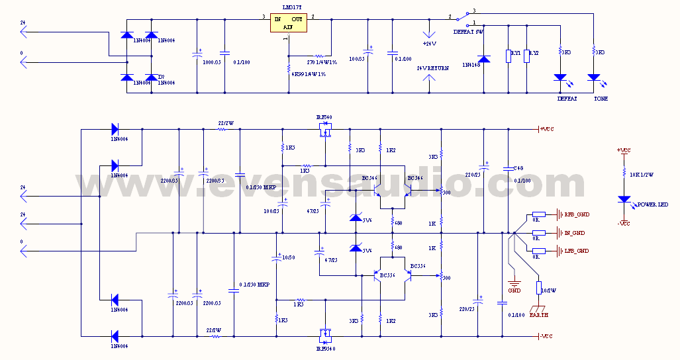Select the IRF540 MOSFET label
point(324,117)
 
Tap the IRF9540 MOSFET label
point(326,348)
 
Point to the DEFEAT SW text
point(469,32)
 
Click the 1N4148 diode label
point(471,65)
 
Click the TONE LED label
point(601,99)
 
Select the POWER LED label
point(652,205)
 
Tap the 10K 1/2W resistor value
point(641,175)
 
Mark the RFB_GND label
point(576,214)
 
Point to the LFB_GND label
point(576,251)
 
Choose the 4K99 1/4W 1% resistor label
point(309,74)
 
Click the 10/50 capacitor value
point(286,257)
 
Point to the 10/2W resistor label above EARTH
point(550,290)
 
